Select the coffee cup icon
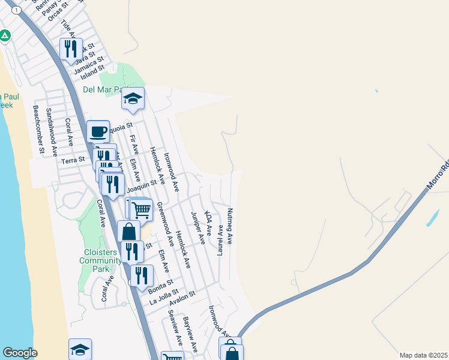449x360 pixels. (98, 131)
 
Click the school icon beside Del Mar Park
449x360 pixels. (133, 98)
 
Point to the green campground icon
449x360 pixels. (5, 36)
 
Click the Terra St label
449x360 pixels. (71, 161)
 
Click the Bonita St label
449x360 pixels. (160, 285)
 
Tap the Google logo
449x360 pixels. (20, 353)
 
